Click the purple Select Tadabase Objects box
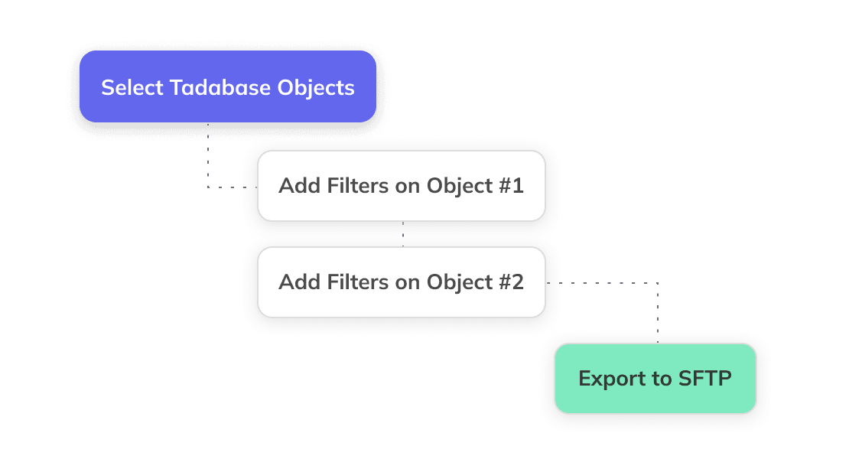click(228, 86)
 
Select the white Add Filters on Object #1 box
click(401, 186)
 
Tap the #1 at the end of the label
click(510, 186)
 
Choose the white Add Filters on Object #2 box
click(401, 282)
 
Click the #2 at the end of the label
click(510, 282)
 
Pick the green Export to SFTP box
click(655, 379)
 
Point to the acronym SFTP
click(704, 379)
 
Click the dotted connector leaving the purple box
click(208, 161)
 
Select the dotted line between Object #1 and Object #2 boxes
click(403, 234)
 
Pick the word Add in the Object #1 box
click(296, 186)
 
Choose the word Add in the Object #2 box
click(296, 282)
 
